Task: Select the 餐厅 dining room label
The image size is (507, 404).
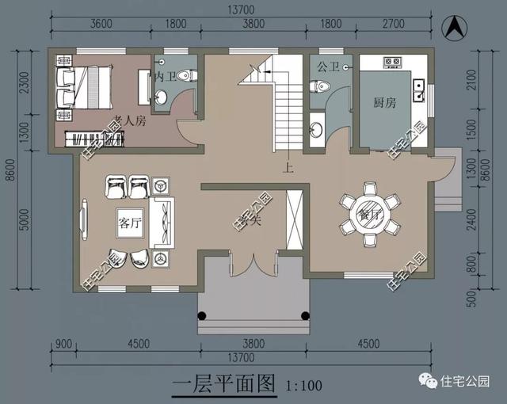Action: [368, 213]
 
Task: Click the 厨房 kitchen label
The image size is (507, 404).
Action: [386, 102]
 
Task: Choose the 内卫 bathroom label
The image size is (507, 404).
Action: [164, 77]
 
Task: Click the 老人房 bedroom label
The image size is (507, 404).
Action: [128, 121]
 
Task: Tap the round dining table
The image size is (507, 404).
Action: [368, 212]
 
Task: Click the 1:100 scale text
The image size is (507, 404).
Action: [301, 387]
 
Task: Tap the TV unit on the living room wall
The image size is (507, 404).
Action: [83, 223]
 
